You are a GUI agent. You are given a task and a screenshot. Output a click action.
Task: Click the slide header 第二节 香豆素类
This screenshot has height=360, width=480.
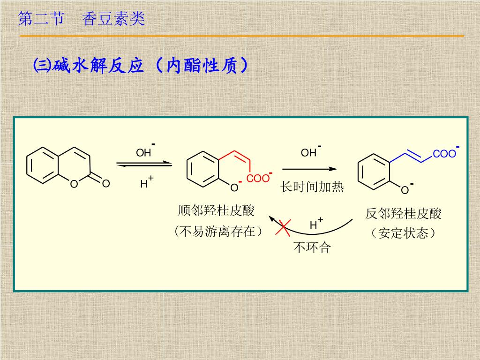pyautogui.click(x=81, y=19)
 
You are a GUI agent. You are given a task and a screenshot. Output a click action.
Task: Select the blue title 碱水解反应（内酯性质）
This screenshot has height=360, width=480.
pyautogui.click(x=140, y=66)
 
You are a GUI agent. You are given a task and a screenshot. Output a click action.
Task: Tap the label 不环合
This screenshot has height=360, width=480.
pyautogui.click(x=312, y=247)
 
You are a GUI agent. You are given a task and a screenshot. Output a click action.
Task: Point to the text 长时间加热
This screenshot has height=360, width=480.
pyautogui.click(x=312, y=187)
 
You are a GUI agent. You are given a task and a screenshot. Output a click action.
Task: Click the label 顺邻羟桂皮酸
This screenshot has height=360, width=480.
pyautogui.click(x=216, y=210)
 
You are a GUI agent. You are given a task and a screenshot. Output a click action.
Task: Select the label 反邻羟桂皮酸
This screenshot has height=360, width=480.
pyautogui.click(x=403, y=214)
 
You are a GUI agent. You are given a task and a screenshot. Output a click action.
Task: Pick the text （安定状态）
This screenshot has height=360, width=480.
pyautogui.click(x=403, y=233)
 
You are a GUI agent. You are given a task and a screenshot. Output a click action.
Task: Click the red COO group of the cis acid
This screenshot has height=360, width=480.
pyautogui.click(x=258, y=179)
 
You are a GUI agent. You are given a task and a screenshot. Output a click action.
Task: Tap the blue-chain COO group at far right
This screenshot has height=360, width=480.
pyautogui.click(x=444, y=154)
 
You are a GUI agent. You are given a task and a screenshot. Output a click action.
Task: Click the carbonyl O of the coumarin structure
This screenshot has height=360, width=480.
pyautogui.click(x=106, y=183)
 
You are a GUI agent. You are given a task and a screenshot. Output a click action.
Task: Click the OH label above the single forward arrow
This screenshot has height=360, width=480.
pyautogui.click(x=309, y=152)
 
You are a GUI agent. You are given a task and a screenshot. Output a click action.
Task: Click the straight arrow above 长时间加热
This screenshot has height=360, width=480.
pyautogui.click(x=310, y=169)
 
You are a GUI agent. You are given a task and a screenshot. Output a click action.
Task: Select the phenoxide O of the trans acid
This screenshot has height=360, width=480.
pyautogui.click(x=405, y=190)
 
